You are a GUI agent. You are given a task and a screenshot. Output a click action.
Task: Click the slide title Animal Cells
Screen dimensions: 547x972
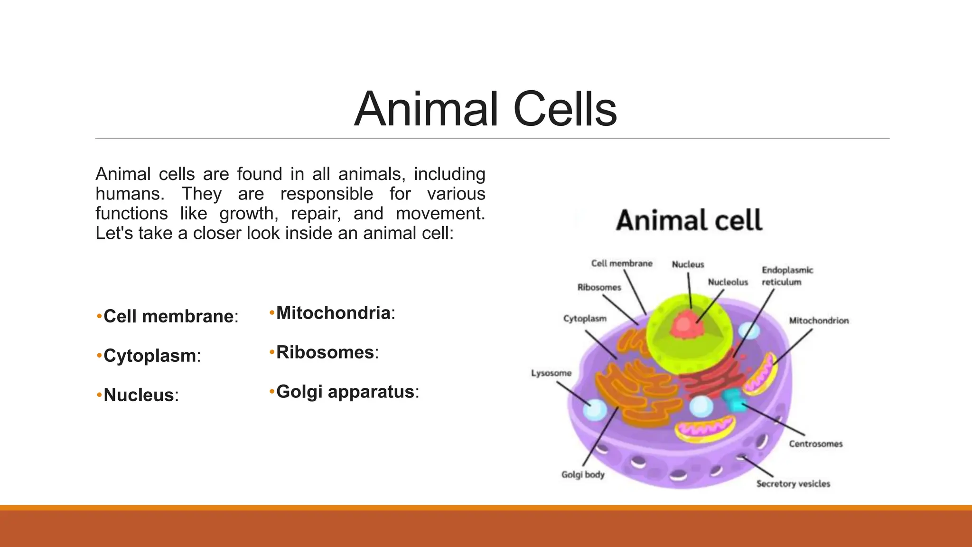coord(485,109)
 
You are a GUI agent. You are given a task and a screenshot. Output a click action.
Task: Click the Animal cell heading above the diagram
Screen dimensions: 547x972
coord(689,221)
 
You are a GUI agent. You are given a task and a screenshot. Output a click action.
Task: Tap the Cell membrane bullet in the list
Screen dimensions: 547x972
coord(168,316)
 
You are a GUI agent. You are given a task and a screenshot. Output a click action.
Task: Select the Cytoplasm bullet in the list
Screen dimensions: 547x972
coord(150,356)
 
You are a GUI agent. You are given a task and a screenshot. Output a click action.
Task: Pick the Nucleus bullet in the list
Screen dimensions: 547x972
coord(139,395)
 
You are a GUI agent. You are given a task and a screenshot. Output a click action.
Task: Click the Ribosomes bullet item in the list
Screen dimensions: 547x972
coord(325,352)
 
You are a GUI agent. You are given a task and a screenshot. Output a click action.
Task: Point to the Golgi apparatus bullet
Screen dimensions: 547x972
coord(345,392)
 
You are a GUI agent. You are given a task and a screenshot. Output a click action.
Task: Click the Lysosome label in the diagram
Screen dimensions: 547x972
coord(551,373)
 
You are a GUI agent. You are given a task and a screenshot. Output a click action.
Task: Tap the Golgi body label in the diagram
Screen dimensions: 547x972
coord(583,474)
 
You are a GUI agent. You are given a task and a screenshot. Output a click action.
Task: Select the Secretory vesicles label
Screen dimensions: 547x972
coord(793,484)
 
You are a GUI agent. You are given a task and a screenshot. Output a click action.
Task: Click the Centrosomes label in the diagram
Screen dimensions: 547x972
coord(815,444)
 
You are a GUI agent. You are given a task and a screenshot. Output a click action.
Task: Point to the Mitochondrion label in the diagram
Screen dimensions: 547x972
coord(819,321)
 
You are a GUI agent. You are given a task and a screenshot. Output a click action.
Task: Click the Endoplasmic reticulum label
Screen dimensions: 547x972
coord(787,276)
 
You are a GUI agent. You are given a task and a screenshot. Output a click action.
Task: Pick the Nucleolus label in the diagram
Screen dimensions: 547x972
coord(728,282)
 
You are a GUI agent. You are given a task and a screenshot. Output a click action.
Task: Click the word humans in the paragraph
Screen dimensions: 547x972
coord(130,194)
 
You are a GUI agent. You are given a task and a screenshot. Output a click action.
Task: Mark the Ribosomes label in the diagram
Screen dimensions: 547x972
coord(599,287)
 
